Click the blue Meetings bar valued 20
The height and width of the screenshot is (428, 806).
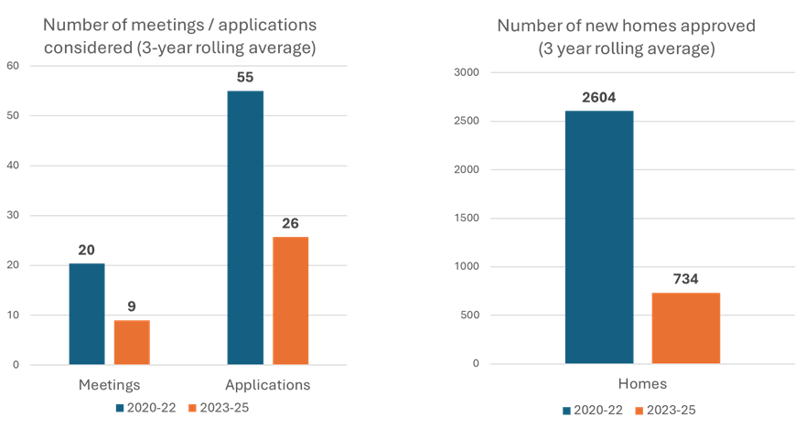87,314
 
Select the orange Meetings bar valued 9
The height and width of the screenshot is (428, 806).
132,342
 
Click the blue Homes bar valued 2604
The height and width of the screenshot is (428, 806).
599,237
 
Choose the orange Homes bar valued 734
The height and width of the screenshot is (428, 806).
686,328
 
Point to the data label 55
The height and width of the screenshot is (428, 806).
245,78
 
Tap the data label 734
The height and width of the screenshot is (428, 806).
686,280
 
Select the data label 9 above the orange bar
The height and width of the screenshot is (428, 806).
132,307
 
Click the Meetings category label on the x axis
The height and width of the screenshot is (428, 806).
109,385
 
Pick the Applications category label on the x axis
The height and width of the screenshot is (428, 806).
267,385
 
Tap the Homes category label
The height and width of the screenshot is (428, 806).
641,384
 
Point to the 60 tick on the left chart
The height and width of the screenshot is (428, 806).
13,66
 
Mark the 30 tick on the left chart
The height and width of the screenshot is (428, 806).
13,216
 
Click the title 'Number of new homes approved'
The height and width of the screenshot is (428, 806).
627,26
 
